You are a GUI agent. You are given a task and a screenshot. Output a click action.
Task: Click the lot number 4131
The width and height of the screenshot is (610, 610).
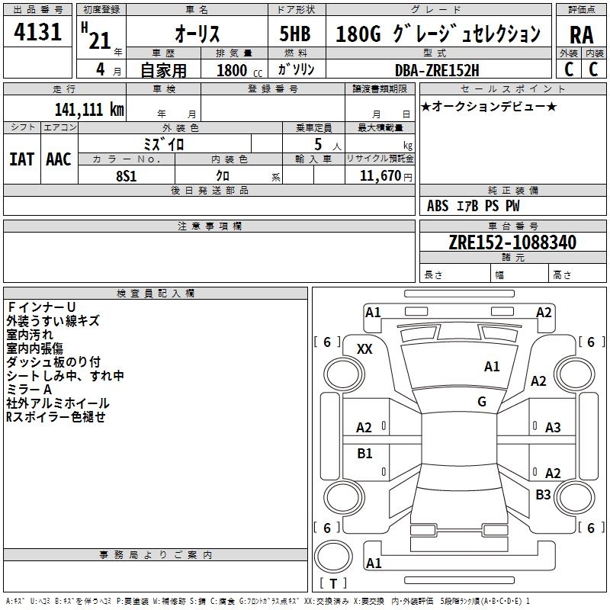pyautogui.click(x=37, y=32)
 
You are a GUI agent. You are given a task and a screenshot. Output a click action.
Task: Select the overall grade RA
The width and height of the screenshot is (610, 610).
pyautogui.click(x=582, y=35)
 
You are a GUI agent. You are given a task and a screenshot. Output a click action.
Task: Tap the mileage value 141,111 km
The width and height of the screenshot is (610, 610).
pyautogui.click(x=89, y=109)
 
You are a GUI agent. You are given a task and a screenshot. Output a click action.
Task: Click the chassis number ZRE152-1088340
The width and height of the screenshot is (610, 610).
pyautogui.click(x=512, y=242)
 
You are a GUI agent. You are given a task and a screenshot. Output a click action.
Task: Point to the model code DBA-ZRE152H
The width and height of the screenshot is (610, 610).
pyautogui.click(x=437, y=70)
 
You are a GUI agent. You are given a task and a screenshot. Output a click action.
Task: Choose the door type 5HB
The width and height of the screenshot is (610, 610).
pyautogui.click(x=295, y=34)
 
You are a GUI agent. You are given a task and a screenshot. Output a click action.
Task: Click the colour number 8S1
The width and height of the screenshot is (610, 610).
pyautogui.click(x=127, y=176)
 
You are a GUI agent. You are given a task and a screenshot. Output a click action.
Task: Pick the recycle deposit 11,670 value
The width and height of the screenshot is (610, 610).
pyautogui.click(x=380, y=176)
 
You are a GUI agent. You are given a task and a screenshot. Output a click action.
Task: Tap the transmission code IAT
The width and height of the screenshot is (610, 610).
pyautogui.click(x=21, y=159)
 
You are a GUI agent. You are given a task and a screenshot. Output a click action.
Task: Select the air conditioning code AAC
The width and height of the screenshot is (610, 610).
pyautogui.click(x=59, y=159)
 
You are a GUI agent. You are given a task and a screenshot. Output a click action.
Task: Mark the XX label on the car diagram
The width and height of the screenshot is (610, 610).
pyautogui.click(x=364, y=349)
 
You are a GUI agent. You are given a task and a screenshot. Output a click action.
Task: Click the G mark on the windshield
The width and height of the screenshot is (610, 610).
pyautogui.click(x=482, y=402)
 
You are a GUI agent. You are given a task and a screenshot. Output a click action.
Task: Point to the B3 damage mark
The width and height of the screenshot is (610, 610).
pyautogui.click(x=543, y=494)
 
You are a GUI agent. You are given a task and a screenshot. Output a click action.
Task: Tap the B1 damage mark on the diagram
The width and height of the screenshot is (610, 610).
pyautogui.click(x=364, y=453)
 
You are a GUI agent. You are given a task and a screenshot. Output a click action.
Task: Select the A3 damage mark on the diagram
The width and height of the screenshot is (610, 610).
pyautogui.click(x=553, y=428)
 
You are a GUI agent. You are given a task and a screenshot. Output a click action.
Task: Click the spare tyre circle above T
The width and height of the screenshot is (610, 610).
pyautogui.click(x=333, y=557)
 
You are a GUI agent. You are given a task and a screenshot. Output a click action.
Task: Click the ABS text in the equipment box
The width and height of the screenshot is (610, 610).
pyautogui.click(x=438, y=206)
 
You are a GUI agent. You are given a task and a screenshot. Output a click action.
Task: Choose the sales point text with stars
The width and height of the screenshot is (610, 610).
pyautogui.click(x=489, y=106)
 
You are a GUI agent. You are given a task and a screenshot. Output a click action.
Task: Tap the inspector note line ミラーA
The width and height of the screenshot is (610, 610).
pyautogui.click(x=29, y=390)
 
